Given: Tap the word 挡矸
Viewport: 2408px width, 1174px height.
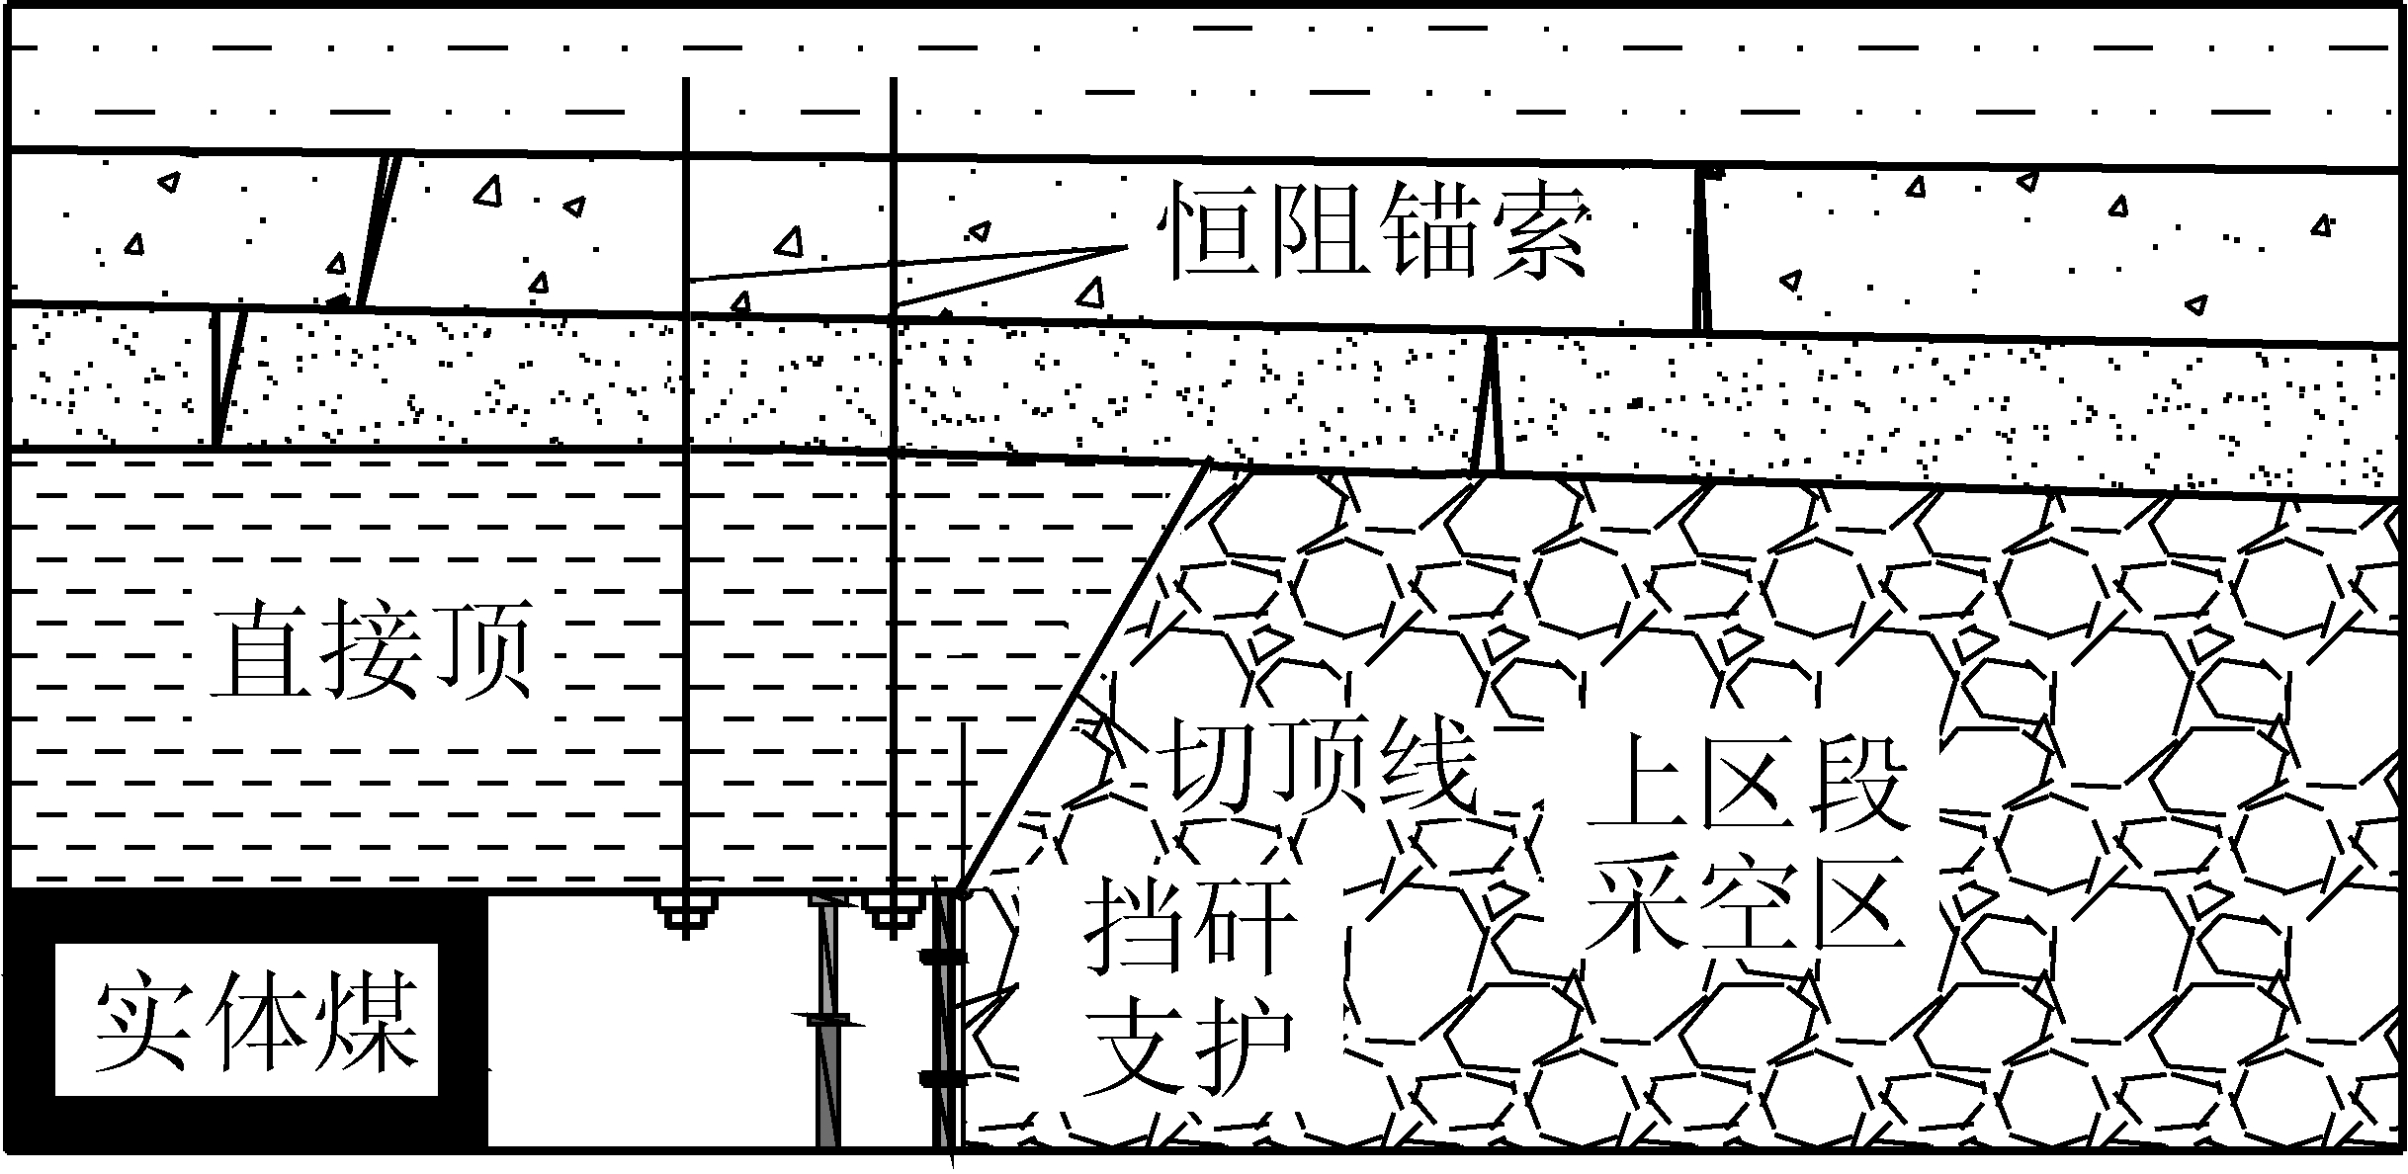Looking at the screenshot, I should [x=1190, y=927].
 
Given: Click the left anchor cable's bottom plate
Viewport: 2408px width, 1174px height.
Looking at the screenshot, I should [x=686, y=915].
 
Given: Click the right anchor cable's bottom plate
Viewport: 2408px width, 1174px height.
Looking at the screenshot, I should [x=893, y=913].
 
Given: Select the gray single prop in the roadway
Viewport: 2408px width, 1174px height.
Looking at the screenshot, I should [x=827, y=1028].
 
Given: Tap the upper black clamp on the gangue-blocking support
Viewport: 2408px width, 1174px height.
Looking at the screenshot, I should [x=944, y=957].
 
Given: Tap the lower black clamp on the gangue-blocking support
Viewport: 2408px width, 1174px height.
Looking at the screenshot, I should [x=944, y=1078].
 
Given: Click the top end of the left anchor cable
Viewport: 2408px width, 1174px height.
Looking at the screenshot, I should [x=685, y=82].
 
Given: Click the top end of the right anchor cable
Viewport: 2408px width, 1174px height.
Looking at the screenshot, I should [x=893, y=82].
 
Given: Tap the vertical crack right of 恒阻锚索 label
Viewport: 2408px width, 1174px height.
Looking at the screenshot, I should [x=1702, y=252].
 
